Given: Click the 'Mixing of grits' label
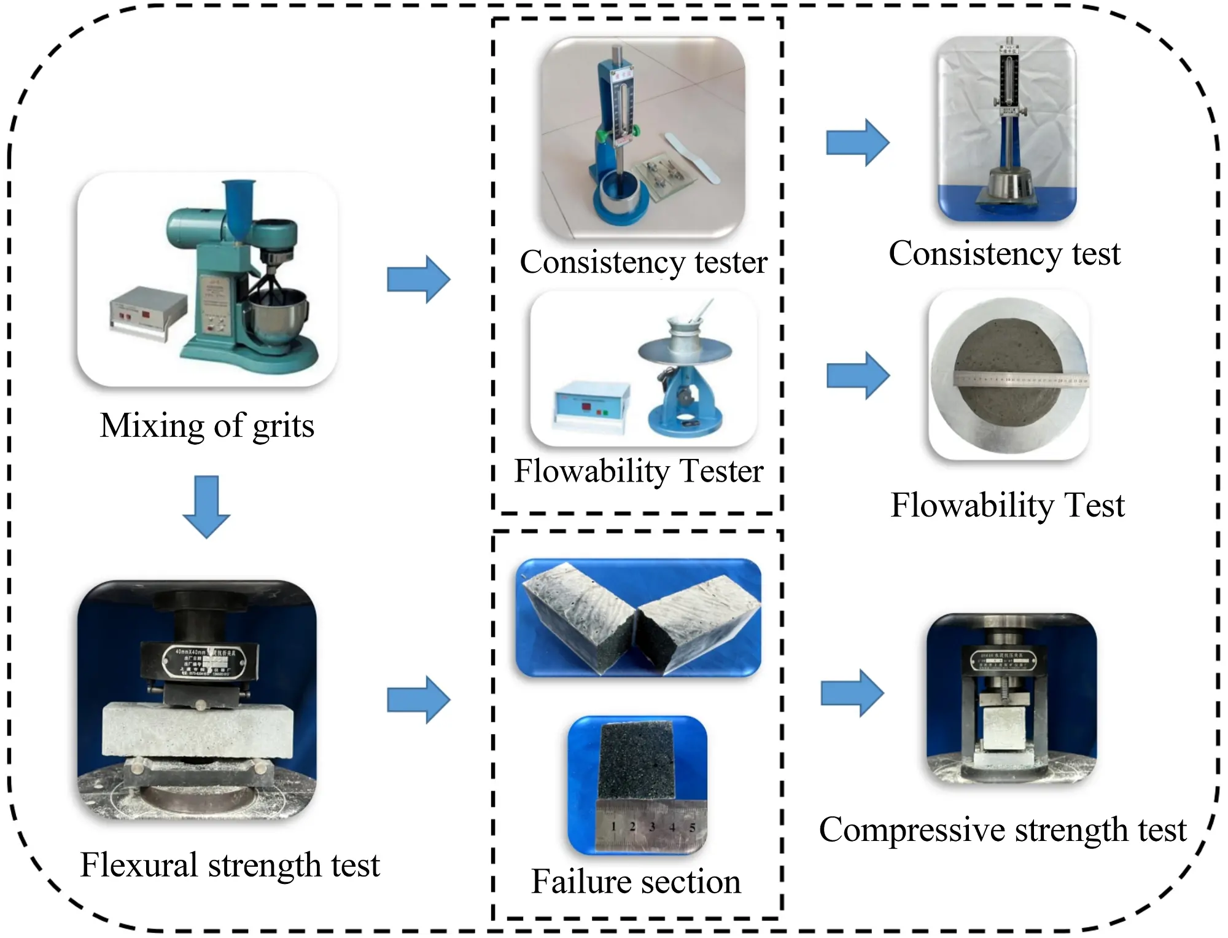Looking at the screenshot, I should point(207,426).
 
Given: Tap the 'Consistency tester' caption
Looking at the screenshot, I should point(643,262).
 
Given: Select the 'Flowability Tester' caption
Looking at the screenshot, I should point(639,471).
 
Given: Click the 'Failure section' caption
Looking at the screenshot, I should point(636,881).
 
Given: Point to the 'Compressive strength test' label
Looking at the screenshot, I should point(1003,830).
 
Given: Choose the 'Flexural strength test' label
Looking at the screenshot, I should point(230,865).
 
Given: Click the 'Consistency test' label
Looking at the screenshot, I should point(1005,253).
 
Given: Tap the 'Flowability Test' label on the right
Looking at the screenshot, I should point(1008,505).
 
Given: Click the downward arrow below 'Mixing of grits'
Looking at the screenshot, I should point(206,506).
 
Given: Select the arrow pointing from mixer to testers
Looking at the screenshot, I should point(419,279).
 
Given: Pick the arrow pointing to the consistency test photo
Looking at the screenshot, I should point(858,143).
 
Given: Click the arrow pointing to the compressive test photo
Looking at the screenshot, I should point(853,694).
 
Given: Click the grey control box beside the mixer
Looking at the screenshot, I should point(147,311).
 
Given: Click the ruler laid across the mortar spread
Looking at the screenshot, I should point(1020,380).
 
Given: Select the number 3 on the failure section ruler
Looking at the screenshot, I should point(652,827).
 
